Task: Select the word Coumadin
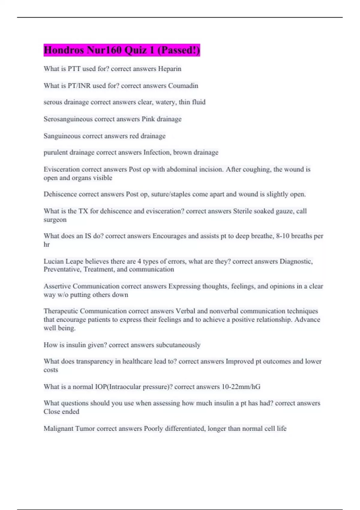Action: [x=183, y=86]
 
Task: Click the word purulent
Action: [x=55, y=152]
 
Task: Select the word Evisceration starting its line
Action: [x=61, y=169]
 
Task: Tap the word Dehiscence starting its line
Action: [x=60, y=194]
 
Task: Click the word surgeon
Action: [x=55, y=220]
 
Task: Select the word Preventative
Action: [x=62, y=269]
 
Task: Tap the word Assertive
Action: [x=57, y=286]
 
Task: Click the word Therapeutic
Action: [x=61, y=311]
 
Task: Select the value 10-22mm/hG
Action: [x=241, y=387]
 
